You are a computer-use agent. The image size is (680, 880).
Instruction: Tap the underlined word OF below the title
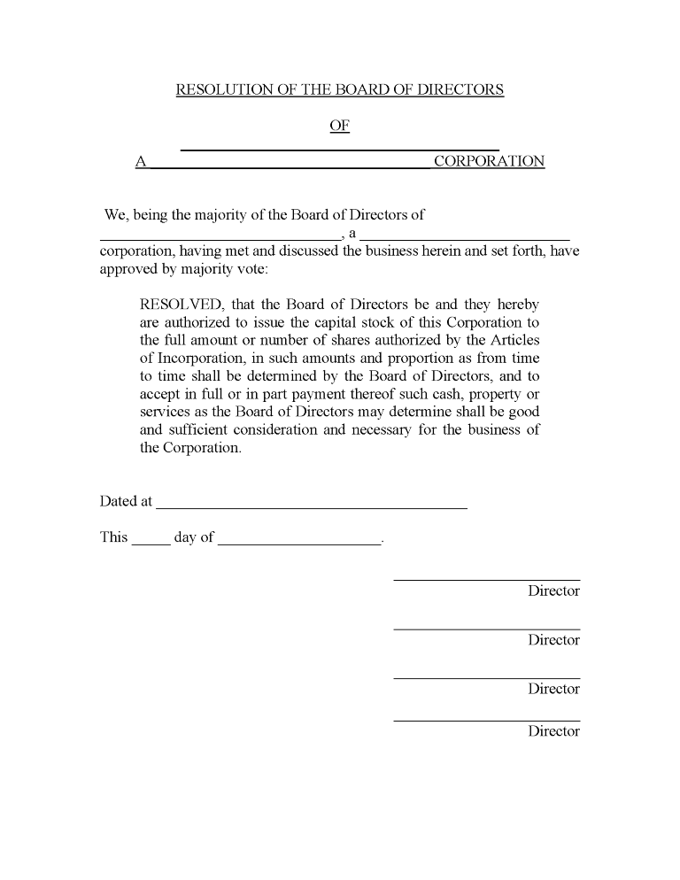tap(340, 126)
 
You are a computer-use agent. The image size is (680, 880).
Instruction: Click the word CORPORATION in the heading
tap(489, 162)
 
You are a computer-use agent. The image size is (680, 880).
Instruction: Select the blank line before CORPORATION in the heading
tap(290, 166)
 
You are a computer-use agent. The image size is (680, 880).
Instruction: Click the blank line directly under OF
tap(340, 148)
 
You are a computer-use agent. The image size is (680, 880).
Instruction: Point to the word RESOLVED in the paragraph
tap(182, 305)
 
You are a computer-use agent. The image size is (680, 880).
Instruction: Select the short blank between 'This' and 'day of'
tap(151, 543)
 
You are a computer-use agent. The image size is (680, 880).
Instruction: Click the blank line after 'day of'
tap(298, 543)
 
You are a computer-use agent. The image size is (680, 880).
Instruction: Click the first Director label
tap(553, 591)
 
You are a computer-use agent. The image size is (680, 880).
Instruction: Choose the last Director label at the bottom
tap(553, 731)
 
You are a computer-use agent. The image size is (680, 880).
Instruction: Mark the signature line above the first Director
tap(486, 579)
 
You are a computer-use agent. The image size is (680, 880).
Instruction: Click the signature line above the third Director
tap(486, 677)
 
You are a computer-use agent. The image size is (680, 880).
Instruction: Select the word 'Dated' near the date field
tap(118, 502)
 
